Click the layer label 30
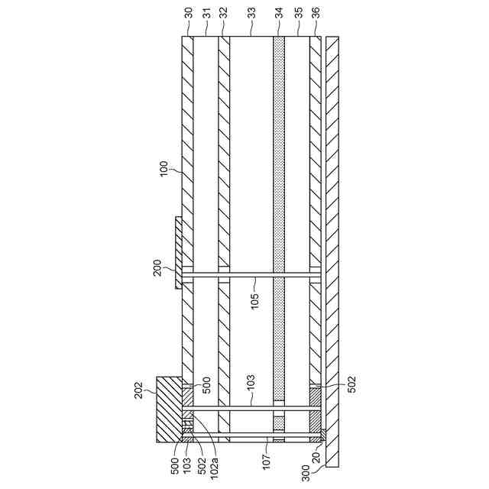pos(189,13)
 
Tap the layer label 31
pos(207,13)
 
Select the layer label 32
pos(224,13)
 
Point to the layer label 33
pos(251,13)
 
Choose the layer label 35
pos(299,13)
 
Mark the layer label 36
pos(316,13)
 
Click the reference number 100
pos(164,169)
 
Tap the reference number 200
pos(157,267)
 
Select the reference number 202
pos(138,390)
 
